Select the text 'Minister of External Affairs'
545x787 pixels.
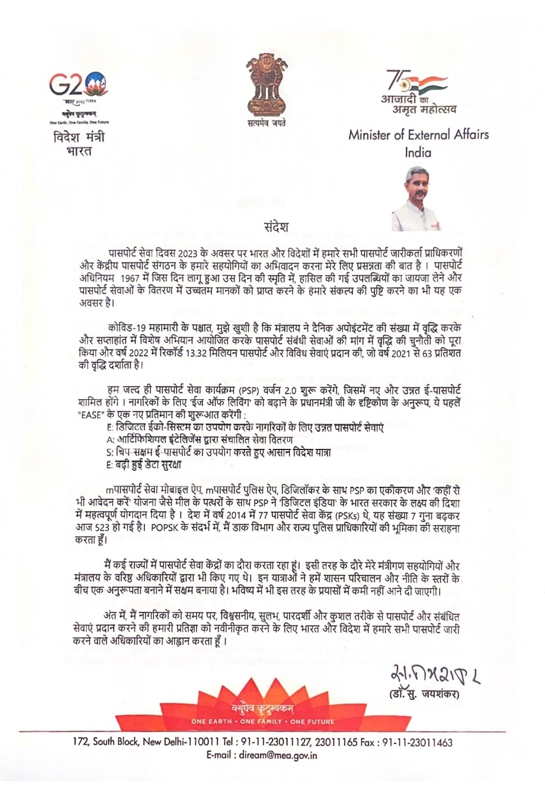click(419, 134)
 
